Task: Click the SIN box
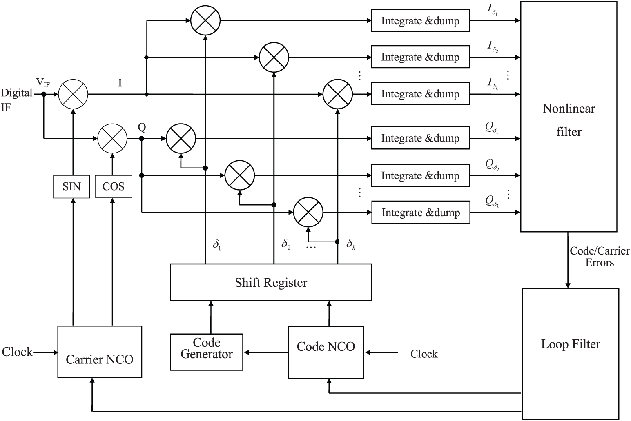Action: point(71,187)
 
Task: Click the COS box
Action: point(113,187)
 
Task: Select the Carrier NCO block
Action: point(100,352)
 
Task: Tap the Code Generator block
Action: point(206,352)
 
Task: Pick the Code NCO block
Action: point(326,352)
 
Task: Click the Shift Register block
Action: point(271,282)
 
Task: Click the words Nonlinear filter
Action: point(569,120)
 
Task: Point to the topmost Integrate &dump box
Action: point(420,21)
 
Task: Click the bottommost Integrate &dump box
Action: point(420,213)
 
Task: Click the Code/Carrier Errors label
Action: point(599,257)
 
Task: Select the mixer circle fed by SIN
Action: point(73,94)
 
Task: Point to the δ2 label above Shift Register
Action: point(286,245)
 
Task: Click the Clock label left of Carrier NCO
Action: point(17,352)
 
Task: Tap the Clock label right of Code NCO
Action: point(424,354)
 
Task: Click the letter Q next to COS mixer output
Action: point(142,127)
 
